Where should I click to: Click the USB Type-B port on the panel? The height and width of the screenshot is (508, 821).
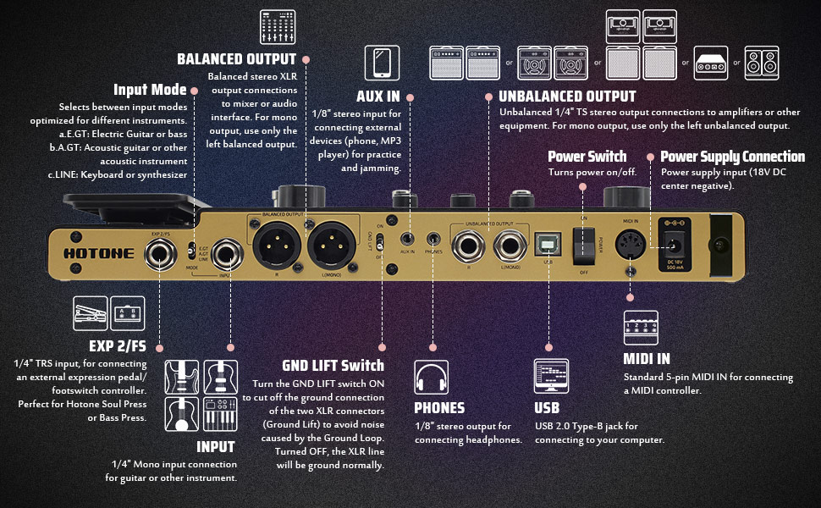(x=548, y=245)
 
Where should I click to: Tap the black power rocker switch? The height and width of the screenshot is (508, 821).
(x=583, y=246)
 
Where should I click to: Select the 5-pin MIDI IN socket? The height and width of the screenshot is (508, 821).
(x=631, y=246)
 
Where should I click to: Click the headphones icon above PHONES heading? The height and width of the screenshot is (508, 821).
(x=431, y=376)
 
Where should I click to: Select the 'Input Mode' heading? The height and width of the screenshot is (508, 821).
(x=151, y=90)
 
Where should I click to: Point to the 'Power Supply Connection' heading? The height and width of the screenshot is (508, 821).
(x=732, y=157)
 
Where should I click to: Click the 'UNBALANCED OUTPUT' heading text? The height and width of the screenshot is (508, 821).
(x=567, y=97)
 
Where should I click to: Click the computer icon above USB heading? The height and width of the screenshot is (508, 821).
(x=552, y=376)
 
